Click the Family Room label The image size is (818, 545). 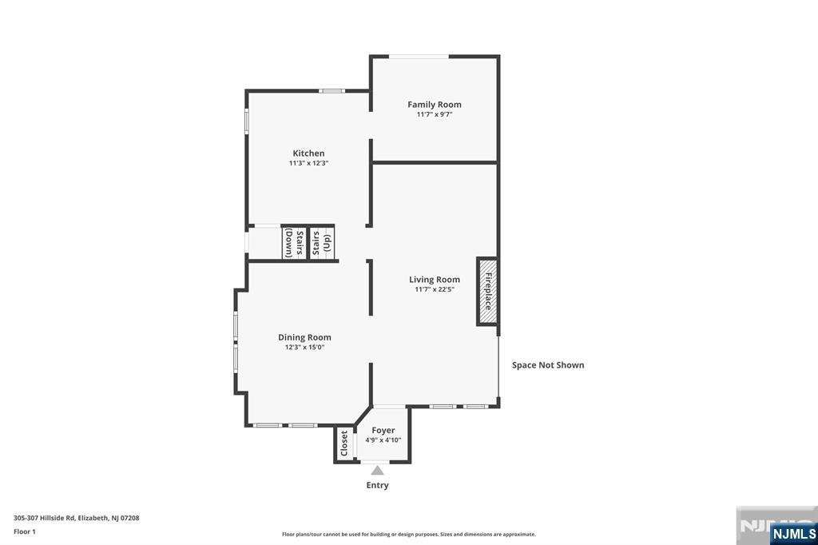[434, 105]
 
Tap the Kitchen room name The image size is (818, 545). [308, 153]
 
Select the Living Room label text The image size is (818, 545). [434, 280]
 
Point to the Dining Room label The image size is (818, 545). [304, 337]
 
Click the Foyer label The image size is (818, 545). [383, 430]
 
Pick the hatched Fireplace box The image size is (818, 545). [487, 291]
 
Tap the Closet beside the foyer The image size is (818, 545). [344, 444]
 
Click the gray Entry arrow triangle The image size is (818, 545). [377, 471]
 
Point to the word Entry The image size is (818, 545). [377, 485]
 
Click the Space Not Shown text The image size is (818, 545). [548, 365]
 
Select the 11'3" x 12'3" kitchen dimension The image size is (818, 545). [308, 163]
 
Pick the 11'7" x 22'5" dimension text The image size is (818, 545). [434, 289]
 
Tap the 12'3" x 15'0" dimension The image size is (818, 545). [304, 347]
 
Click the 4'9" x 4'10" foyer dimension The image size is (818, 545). [383, 440]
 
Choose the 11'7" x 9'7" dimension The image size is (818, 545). [434, 114]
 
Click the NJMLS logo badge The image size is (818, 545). [793, 533]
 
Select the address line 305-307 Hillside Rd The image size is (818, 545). [77, 518]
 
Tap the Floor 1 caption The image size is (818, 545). [25, 531]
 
